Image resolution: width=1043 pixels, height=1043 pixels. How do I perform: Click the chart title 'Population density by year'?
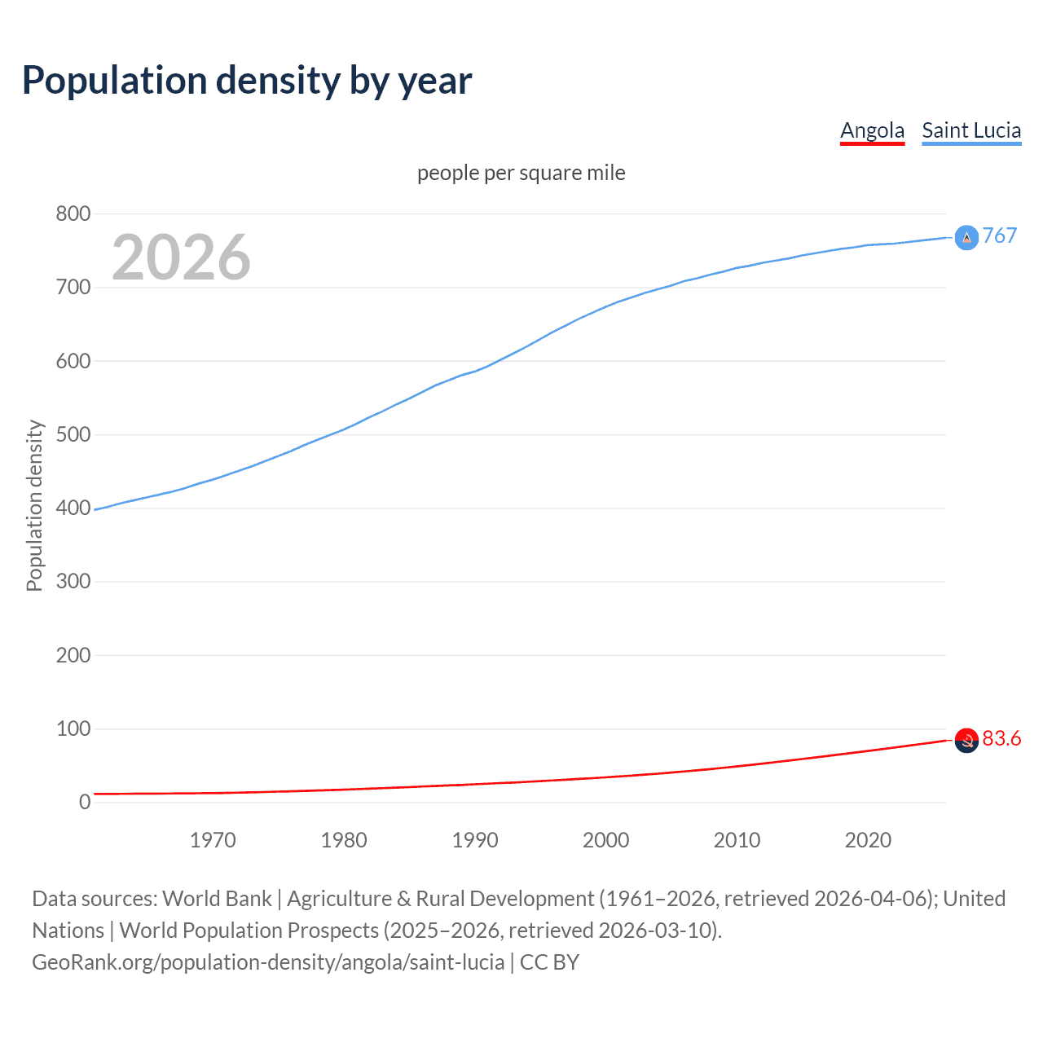pyautogui.click(x=247, y=81)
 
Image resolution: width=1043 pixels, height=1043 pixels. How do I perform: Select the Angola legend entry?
pyautogui.click(x=872, y=130)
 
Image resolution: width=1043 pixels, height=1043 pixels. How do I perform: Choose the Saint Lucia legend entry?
pyautogui.click(x=971, y=130)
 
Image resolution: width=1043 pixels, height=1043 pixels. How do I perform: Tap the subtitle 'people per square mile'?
pyautogui.click(x=521, y=173)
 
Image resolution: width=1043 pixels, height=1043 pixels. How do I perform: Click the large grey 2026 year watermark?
pyautogui.click(x=181, y=257)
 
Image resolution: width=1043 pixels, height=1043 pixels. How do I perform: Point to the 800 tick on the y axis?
pyautogui.click(x=73, y=214)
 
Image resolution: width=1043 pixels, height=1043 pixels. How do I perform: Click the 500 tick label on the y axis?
pyautogui.click(x=73, y=434)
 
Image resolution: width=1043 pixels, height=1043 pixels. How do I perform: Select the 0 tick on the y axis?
pyautogui.click(x=85, y=802)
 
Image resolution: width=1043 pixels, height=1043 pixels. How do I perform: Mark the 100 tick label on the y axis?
pyautogui.click(x=73, y=728)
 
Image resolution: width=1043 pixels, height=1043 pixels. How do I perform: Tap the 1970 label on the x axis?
pyautogui.click(x=213, y=840)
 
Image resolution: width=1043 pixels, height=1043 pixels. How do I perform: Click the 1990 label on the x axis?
pyautogui.click(x=475, y=840)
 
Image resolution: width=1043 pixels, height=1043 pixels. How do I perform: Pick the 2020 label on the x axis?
pyautogui.click(x=868, y=840)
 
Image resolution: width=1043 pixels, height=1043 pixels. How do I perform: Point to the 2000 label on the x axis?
pyautogui.click(x=606, y=840)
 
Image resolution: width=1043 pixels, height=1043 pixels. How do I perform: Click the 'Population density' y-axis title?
pyautogui.click(x=34, y=505)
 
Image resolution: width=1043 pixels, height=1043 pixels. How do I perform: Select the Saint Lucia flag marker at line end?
pyautogui.click(x=966, y=237)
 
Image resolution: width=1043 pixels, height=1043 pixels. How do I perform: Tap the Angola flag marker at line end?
pyautogui.click(x=966, y=741)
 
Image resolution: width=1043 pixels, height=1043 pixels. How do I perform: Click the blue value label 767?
pyautogui.click(x=1000, y=235)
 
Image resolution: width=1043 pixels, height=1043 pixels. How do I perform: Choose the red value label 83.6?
pyautogui.click(x=1001, y=738)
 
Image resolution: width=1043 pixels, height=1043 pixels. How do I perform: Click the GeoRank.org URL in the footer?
pyautogui.click(x=268, y=962)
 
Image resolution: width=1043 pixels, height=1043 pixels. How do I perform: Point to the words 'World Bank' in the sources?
pyautogui.click(x=217, y=899)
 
